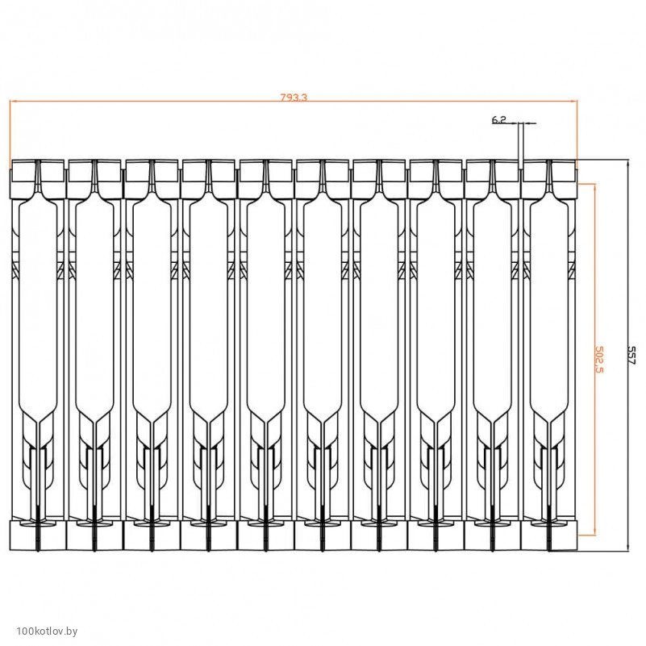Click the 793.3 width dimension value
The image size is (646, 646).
point(294,98)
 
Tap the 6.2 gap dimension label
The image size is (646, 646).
point(498,120)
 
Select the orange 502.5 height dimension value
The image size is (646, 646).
point(599,359)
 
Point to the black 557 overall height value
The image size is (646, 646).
point(631,355)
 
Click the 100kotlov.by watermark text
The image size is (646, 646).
point(47,631)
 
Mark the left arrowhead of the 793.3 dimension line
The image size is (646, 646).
point(13,101)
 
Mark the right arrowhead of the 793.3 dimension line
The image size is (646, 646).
point(574,101)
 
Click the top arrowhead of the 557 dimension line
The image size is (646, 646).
point(628,163)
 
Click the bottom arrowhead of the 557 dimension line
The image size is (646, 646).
point(628,547)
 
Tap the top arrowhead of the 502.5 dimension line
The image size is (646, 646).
point(594,187)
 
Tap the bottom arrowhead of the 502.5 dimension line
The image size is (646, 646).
point(594,531)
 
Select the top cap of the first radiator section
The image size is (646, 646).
point(38,179)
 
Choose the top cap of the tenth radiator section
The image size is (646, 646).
point(549,179)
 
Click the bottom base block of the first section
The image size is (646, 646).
point(38,536)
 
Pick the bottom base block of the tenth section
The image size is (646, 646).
point(549,536)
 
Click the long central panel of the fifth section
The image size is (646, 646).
point(265,309)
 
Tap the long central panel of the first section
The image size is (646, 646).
point(38,309)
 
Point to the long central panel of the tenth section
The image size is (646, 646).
point(549,309)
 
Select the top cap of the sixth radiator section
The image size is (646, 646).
point(322,179)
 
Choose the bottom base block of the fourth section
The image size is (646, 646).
point(208,536)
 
